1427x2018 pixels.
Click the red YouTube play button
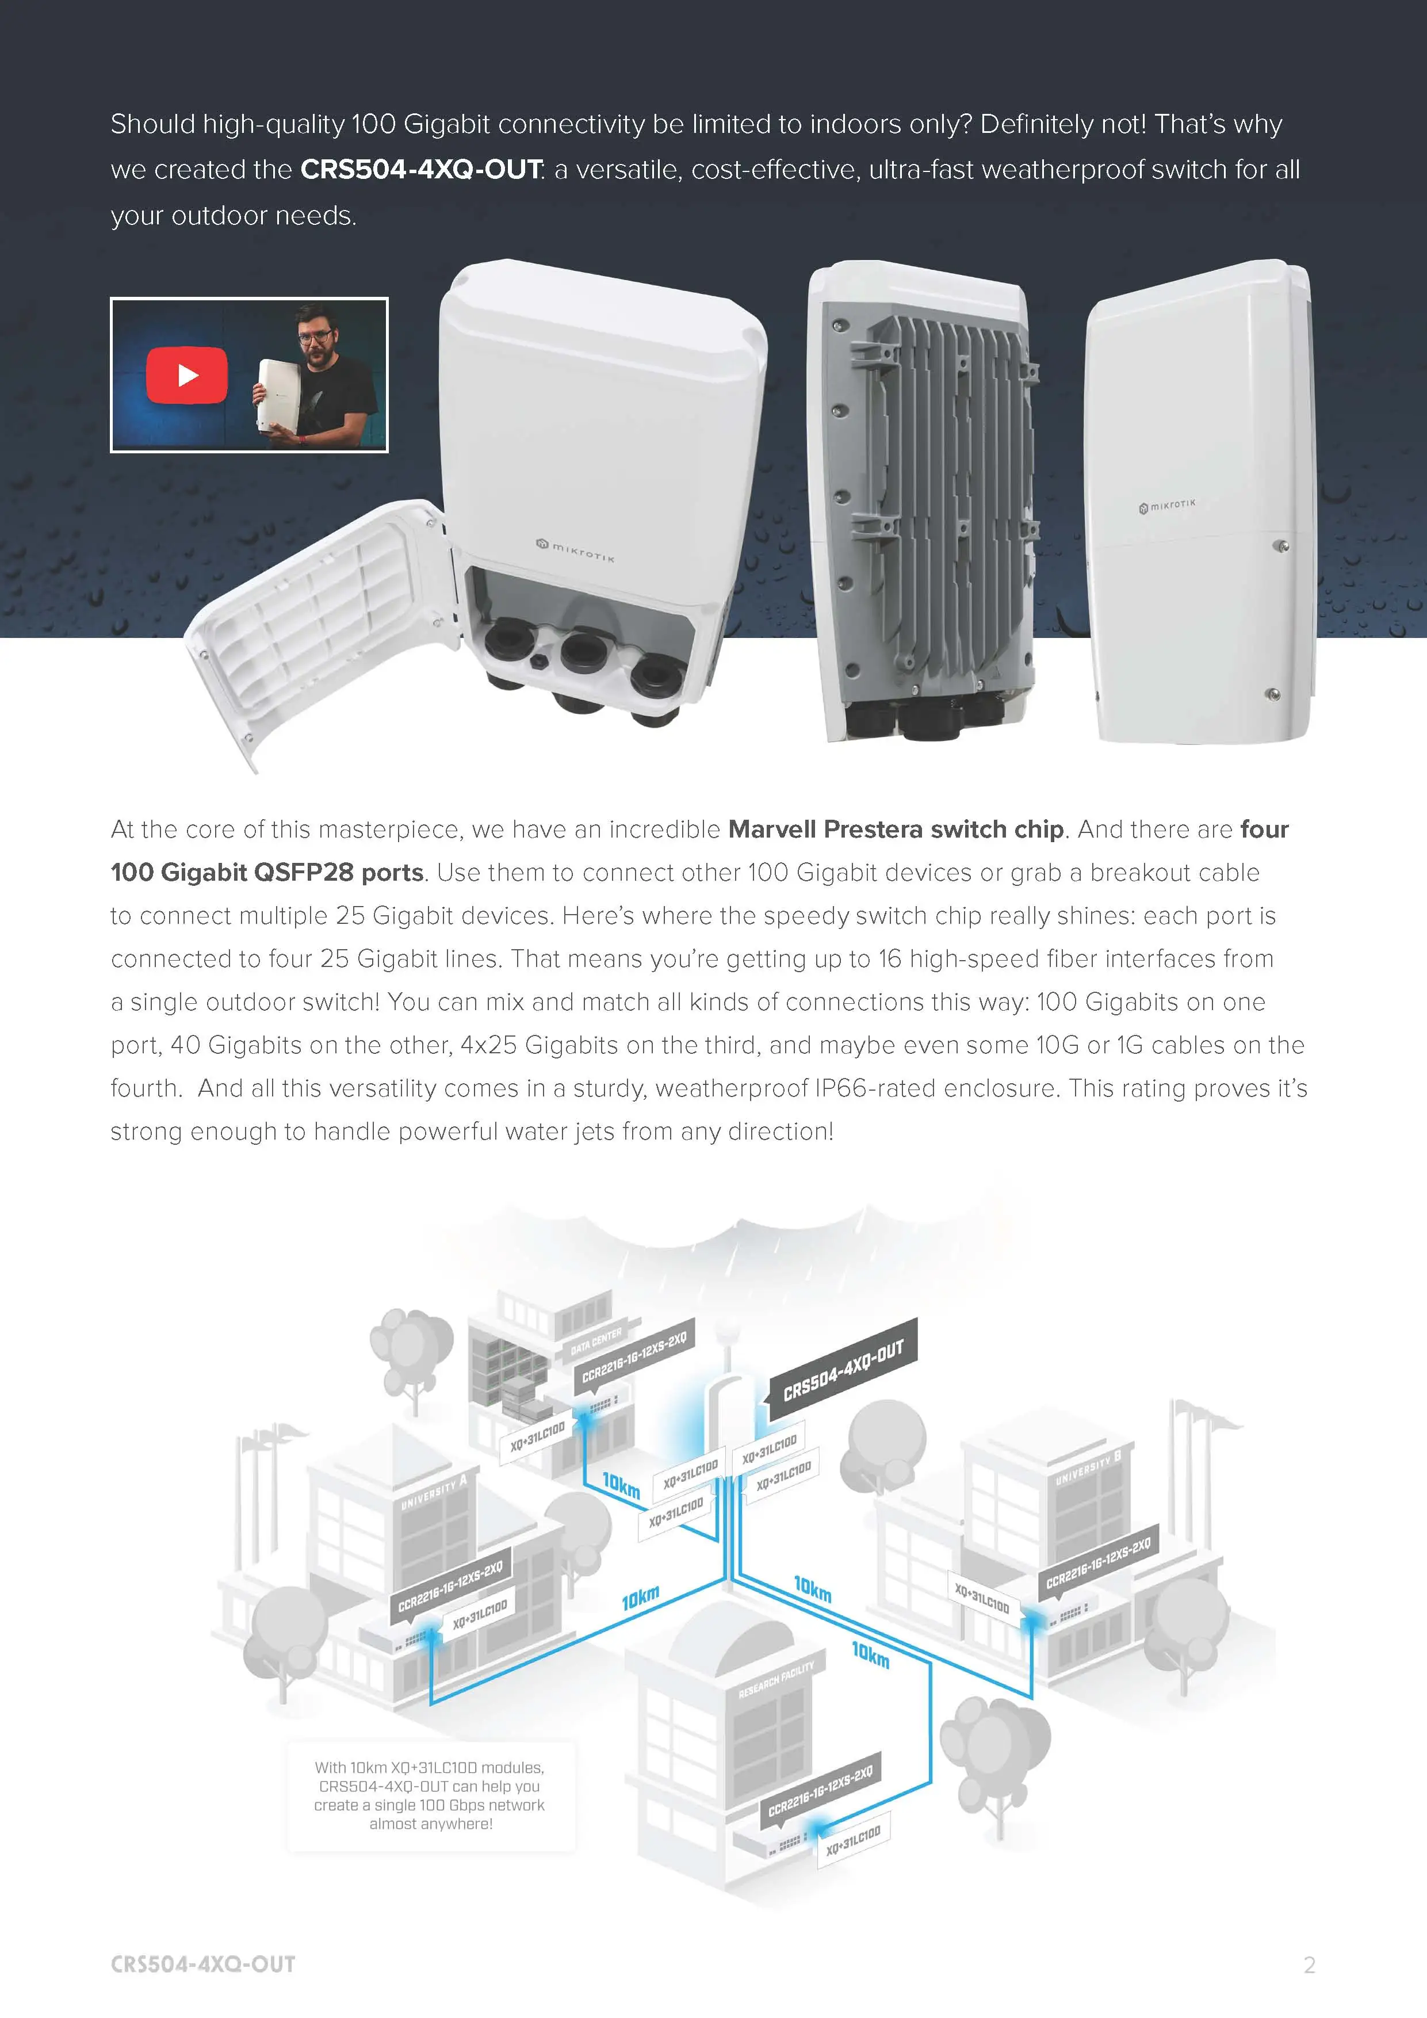(186, 375)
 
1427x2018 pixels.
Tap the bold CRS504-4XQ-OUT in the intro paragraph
(421, 170)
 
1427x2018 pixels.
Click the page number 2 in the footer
(1309, 1965)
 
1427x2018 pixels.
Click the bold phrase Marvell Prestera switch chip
(896, 830)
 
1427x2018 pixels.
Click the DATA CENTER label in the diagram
(596, 1341)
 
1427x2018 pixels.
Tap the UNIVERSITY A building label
(434, 1492)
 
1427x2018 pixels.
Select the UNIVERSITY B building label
(1088, 1468)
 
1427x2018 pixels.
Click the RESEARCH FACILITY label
(776, 1680)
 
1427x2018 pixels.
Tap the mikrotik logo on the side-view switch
(1167, 506)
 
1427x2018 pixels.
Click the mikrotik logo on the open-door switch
(576, 551)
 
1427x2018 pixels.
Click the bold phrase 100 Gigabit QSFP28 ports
(267, 873)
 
